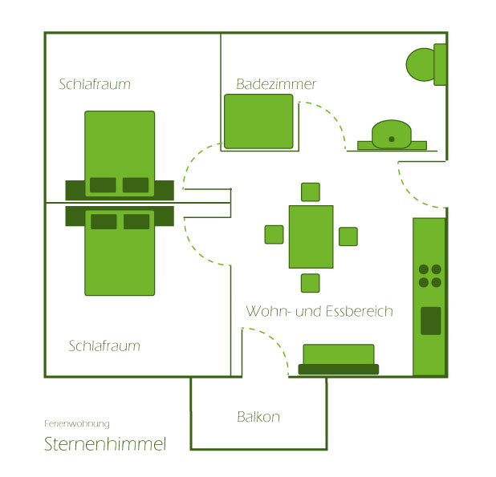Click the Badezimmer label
[276, 84]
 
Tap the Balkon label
[258, 417]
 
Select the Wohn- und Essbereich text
[319, 311]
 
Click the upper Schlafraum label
[95, 84]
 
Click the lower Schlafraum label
[104, 346]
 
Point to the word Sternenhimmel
[105, 444]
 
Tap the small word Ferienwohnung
[77, 423]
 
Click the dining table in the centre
[311, 236]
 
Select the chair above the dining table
[311, 192]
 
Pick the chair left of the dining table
[274, 234]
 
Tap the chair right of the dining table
[348, 236]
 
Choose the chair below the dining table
[311, 282]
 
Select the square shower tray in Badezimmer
[258, 121]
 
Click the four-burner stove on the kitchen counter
[429, 276]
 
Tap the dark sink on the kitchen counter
[431, 320]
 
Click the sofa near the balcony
[338, 358]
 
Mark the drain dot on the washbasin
[392, 139]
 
